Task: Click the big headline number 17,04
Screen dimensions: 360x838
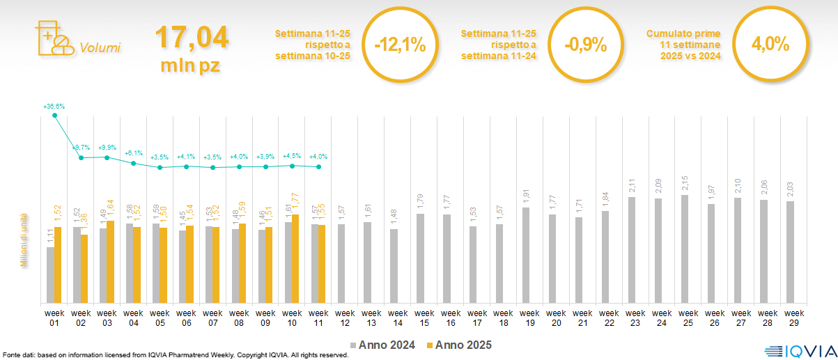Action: coord(191,37)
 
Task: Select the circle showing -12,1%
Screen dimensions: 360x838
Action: coord(399,45)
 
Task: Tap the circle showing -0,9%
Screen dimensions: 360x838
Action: coord(585,45)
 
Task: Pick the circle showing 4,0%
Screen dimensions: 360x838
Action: coord(770,45)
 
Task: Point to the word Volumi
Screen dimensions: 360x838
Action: coord(100,48)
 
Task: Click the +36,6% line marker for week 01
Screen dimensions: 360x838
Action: coord(54,115)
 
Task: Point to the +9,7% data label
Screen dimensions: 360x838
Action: coord(81,148)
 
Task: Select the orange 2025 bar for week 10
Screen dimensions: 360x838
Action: coord(295,258)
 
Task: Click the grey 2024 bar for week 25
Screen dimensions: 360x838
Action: coord(685,249)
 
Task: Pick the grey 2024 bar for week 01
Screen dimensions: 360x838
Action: coord(50,275)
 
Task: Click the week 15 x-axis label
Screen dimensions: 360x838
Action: coord(421,317)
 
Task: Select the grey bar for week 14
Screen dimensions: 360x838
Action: coord(394,265)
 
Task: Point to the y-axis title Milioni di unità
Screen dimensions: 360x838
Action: coord(24,240)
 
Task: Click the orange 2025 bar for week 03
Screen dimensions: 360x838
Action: coord(110,262)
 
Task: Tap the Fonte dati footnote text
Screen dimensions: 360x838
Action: coord(176,355)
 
